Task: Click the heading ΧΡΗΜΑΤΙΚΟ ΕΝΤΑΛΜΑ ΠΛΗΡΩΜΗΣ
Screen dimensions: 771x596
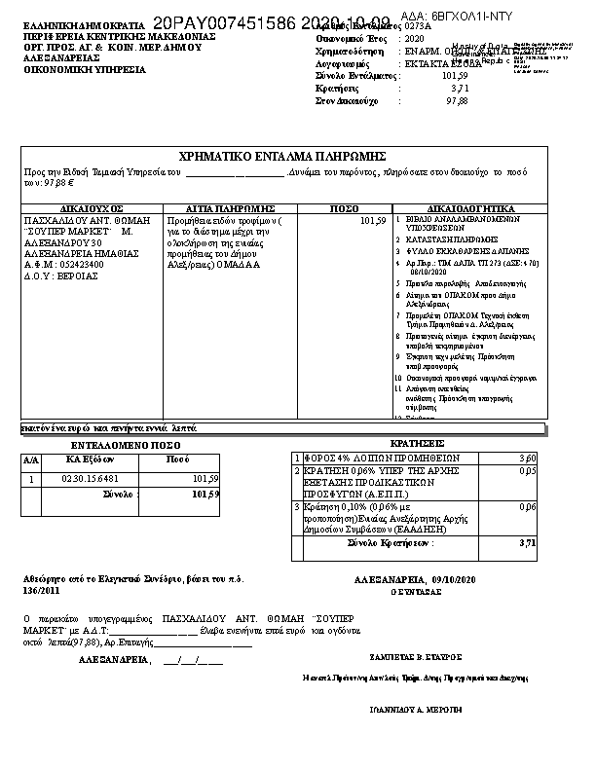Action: click(284, 157)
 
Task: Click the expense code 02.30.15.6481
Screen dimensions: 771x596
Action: click(91, 479)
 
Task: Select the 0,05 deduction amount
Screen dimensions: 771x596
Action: click(528, 470)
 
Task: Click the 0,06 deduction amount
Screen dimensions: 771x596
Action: click(528, 507)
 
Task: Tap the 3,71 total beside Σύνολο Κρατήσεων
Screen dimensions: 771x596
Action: click(528, 543)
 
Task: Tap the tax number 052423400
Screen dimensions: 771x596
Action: click(82, 264)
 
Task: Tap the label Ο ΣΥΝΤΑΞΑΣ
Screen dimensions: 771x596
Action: click(409, 591)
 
